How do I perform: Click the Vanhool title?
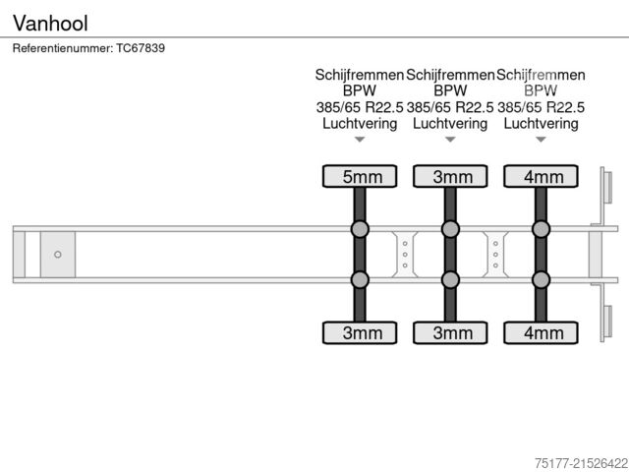coord(50,24)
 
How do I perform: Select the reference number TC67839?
coord(141,48)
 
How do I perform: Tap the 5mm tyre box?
coord(360,176)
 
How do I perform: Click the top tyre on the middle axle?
coord(450,176)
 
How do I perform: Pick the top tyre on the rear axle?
coord(541,176)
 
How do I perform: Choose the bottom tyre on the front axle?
coord(360,332)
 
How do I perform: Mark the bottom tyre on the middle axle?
coord(450,332)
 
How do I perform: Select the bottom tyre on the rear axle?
coord(541,332)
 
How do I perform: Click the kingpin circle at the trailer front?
coord(58,255)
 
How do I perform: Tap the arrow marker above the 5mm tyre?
coord(360,140)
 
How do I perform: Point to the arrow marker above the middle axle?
coord(450,140)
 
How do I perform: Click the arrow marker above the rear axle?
coord(541,140)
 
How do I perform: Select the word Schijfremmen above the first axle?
coord(360,75)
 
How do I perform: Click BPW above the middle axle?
coord(450,90)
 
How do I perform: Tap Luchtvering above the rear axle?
coord(541,123)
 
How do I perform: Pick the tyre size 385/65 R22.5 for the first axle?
coord(360,107)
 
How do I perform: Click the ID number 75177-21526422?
coord(581,463)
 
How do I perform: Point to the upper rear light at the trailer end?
coord(607,187)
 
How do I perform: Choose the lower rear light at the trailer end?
coord(607,322)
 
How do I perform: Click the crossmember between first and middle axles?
coord(405,255)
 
